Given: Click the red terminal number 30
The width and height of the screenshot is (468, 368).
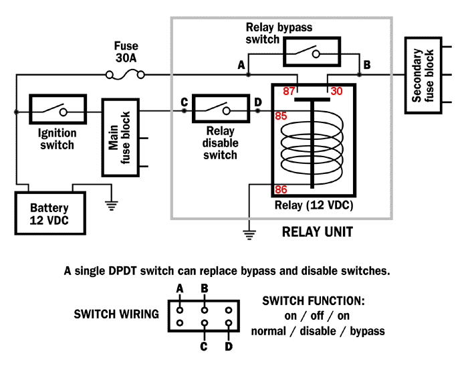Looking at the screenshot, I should [336, 90].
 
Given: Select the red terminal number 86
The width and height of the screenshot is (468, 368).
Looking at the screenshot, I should [280, 190].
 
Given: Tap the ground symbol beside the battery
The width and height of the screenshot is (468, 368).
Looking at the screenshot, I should [110, 204].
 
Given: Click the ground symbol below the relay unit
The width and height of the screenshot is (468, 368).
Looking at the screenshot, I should [249, 234].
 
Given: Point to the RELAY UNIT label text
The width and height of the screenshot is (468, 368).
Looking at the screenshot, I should [317, 233].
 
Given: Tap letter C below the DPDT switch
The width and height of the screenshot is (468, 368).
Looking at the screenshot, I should [203, 347].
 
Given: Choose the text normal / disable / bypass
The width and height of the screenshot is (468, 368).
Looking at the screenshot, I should [318, 330].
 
